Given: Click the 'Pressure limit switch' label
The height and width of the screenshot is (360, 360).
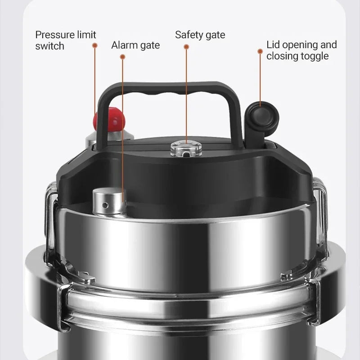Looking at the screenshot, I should (66, 40).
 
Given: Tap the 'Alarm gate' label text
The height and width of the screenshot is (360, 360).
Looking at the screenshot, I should (135, 45).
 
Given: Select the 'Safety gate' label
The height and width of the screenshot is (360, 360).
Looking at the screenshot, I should (200, 35).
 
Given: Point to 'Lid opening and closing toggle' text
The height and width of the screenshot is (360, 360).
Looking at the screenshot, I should (301, 50).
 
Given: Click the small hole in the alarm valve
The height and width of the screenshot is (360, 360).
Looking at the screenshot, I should (105, 205).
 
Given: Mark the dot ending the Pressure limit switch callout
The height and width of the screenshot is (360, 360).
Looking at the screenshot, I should (95, 45).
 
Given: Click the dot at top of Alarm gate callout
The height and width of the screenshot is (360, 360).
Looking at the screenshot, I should (123, 56).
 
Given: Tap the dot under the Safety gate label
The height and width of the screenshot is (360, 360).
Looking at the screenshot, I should (186, 46).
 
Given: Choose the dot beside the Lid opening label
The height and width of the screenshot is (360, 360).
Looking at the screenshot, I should (260, 51).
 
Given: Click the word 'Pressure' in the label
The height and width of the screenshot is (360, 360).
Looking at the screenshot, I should (54, 35).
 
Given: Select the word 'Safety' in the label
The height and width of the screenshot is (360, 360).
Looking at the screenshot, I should (189, 35).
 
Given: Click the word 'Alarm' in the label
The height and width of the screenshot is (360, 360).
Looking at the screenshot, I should (124, 45).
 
